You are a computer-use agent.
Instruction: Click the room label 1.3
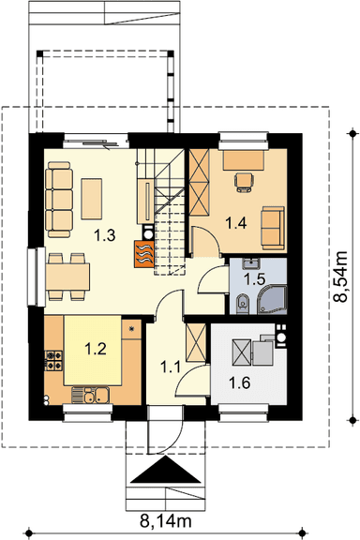coord(105,236)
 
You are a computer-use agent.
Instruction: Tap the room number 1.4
coord(236,223)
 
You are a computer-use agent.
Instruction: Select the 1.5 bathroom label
coord(254,279)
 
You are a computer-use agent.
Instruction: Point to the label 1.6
coord(240,382)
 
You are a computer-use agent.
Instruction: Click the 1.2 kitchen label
coord(96,349)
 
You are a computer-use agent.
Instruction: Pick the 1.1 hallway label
coord(171,367)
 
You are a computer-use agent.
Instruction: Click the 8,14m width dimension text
coord(165,521)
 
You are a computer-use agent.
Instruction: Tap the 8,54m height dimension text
coord(341,277)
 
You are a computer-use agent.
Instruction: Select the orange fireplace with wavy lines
coord(144,253)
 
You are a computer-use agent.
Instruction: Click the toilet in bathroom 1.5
coord(243,303)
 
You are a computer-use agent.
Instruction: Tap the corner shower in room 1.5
coord(272,300)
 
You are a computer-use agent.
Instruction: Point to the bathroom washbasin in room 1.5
coord(251,264)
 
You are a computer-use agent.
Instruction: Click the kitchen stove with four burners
coord(53,360)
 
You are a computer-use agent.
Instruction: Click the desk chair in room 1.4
coord(245,182)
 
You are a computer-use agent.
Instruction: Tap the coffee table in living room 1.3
coord(92,199)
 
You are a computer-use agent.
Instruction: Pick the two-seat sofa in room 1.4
coord(273,228)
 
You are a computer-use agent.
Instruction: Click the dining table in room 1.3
coord(67,277)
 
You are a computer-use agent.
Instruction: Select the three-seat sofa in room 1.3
coord(59,200)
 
